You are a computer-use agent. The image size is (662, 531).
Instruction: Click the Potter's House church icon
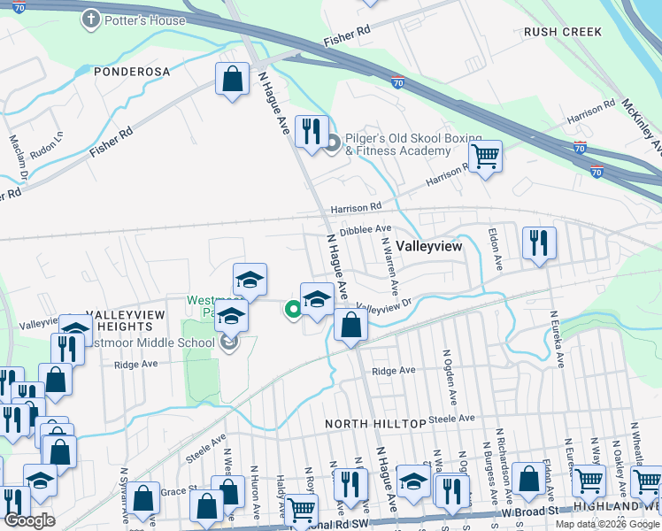point(90,19)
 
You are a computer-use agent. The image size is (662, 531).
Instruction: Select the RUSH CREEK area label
point(563,32)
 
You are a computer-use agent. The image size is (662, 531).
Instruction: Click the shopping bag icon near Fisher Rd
point(231,80)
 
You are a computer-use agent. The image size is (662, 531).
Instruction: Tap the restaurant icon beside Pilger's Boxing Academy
point(311,132)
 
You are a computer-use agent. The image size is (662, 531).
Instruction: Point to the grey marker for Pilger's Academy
point(333,144)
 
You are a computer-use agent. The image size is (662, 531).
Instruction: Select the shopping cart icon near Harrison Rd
point(484,157)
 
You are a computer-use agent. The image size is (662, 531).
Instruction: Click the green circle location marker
point(291,309)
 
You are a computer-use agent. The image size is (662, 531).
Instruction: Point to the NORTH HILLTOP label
point(364,424)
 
